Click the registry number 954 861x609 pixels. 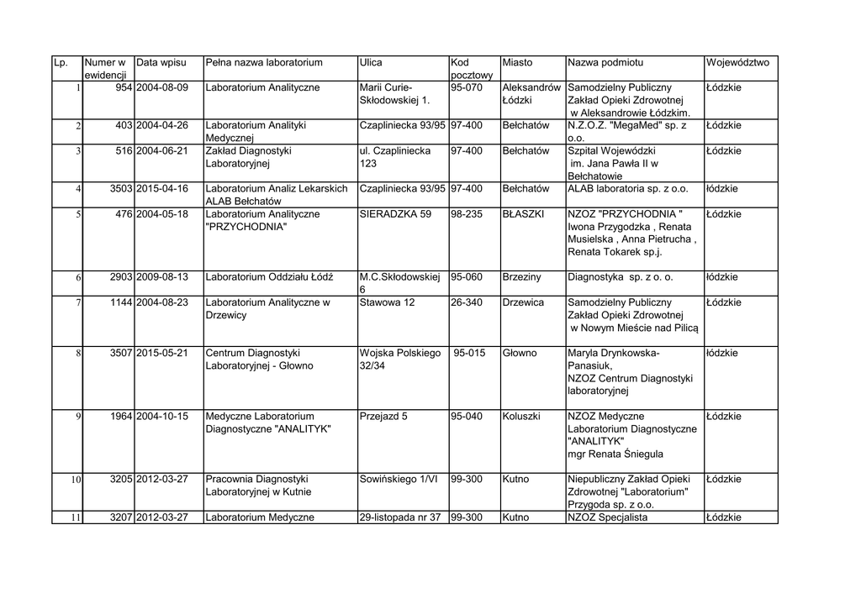point(124,87)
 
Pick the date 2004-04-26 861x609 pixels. point(162,125)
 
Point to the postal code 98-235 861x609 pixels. point(467,214)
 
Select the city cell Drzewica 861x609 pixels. point(523,302)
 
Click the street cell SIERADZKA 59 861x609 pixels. point(395,214)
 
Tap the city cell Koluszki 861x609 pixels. point(521,417)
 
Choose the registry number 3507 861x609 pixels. point(121,354)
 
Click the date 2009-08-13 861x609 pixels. point(162,277)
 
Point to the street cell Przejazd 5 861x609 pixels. point(383,417)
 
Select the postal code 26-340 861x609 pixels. point(467,302)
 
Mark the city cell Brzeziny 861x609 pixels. point(522,277)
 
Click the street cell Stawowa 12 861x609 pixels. point(387,302)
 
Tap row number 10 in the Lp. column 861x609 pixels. point(75,480)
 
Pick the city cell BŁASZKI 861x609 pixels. point(523,214)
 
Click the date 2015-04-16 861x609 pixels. point(162,189)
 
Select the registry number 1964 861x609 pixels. point(121,417)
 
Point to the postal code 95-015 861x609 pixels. point(469,354)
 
